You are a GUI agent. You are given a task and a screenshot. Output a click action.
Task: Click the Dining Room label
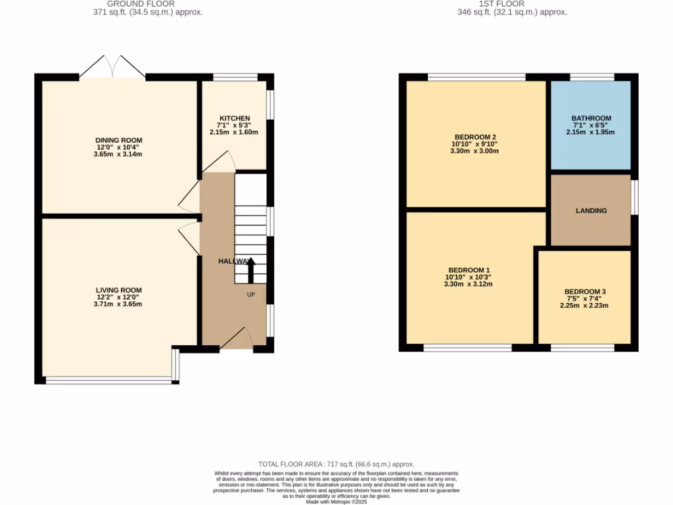(x=119, y=140)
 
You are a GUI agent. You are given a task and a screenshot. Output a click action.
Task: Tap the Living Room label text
(x=119, y=290)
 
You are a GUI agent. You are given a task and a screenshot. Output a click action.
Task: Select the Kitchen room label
(x=234, y=118)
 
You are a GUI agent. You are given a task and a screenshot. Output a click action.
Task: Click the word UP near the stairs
(x=250, y=295)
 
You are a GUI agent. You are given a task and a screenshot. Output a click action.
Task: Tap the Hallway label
(x=233, y=261)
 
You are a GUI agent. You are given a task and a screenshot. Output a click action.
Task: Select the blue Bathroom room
(x=590, y=125)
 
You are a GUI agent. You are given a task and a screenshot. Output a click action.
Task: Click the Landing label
(x=591, y=211)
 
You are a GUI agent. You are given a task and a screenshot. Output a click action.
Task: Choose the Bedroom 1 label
(x=469, y=270)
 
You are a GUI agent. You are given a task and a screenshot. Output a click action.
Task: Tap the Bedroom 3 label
(x=585, y=291)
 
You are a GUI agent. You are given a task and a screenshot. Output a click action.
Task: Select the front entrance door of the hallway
(x=236, y=339)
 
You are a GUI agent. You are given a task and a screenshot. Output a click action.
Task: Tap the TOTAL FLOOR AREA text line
(x=336, y=464)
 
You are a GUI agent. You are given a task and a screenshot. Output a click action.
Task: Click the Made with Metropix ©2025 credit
(x=336, y=502)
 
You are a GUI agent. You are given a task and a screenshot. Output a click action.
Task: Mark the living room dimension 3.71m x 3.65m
(x=119, y=304)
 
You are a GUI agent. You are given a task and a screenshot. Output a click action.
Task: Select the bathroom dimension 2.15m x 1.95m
(x=591, y=132)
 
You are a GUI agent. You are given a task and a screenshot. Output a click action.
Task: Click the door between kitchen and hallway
(x=223, y=161)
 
